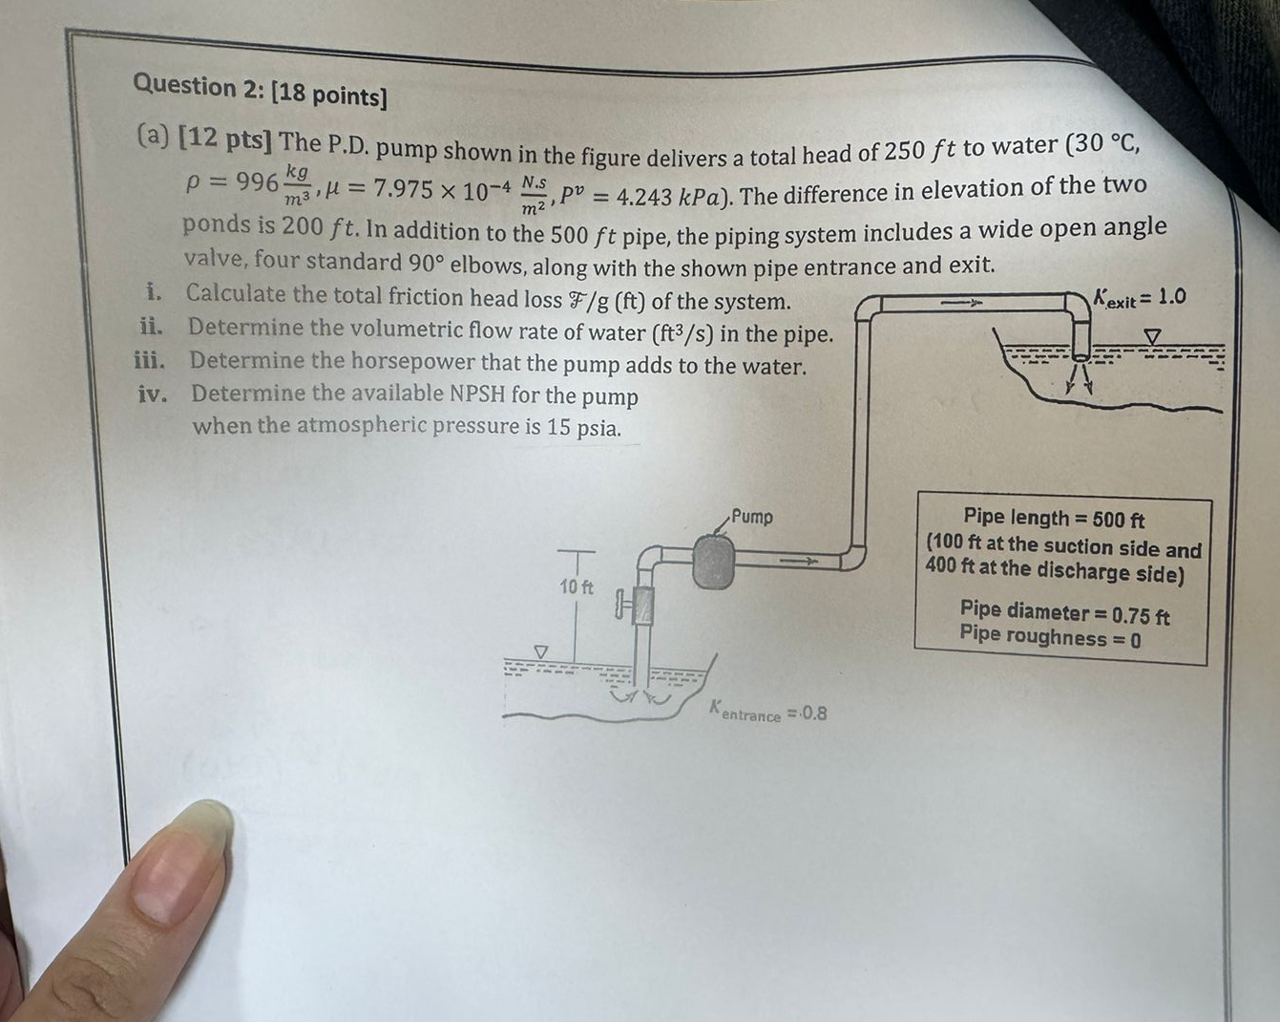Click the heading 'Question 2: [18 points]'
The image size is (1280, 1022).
click(260, 91)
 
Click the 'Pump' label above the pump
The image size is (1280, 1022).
click(752, 517)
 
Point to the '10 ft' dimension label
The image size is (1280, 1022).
click(576, 586)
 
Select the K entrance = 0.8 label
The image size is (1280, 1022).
click(768, 713)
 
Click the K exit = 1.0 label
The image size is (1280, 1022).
click(1141, 298)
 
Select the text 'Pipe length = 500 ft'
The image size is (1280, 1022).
click(1054, 519)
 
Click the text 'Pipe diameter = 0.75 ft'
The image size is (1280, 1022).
click(1064, 612)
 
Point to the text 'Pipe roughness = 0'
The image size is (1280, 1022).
click(1050, 638)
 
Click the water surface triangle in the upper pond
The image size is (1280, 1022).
click(1153, 336)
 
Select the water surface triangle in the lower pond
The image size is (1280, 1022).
click(541, 651)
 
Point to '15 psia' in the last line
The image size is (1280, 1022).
click(583, 428)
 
